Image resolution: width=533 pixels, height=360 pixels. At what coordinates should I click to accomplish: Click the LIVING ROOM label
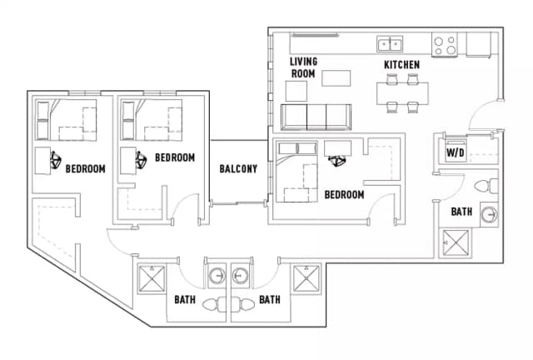click(x=303, y=67)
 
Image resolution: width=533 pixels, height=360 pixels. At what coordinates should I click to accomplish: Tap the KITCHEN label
click(x=401, y=65)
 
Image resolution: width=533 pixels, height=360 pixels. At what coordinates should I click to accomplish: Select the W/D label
click(x=455, y=153)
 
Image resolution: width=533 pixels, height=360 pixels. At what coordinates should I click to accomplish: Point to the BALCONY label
click(x=237, y=169)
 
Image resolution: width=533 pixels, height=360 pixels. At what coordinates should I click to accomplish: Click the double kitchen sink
click(x=389, y=44)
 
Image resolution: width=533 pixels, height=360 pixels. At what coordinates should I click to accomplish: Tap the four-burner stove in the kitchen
click(x=443, y=43)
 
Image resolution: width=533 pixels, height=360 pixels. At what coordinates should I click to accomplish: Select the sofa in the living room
click(x=317, y=116)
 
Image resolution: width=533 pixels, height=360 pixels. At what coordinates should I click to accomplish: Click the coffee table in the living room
click(x=336, y=79)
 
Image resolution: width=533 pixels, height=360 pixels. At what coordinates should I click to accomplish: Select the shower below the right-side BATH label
click(x=455, y=242)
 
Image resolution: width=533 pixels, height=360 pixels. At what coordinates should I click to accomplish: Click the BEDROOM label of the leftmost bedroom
click(x=85, y=169)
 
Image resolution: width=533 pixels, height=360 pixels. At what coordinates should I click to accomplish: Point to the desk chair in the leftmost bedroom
click(x=55, y=158)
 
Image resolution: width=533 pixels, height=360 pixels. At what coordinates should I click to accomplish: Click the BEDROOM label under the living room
click(x=344, y=195)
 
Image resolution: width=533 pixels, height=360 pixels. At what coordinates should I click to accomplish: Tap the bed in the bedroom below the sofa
click(x=298, y=172)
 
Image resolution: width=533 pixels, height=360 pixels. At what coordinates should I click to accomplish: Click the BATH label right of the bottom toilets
click(x=269, y=299)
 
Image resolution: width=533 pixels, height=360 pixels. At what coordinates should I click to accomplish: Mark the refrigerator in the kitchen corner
click(x=480, y=43)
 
